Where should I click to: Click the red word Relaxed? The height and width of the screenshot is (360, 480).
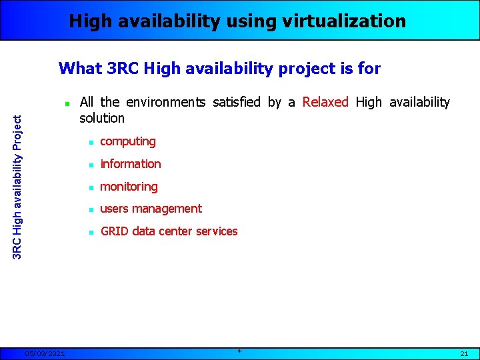[x=325, y=102]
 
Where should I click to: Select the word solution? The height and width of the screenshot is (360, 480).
[x=102, y=118]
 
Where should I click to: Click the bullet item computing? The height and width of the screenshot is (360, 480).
[x=127, y=141]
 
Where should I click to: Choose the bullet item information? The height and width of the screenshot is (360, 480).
[x=130, y=164]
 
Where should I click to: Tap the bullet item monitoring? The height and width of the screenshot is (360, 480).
[x=129, y=187]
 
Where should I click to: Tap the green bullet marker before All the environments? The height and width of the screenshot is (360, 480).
[x=67, y=104]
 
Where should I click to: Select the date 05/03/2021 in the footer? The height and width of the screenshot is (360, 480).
[x=44, y=353]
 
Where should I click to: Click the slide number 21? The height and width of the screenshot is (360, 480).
[x=464, y=353]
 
